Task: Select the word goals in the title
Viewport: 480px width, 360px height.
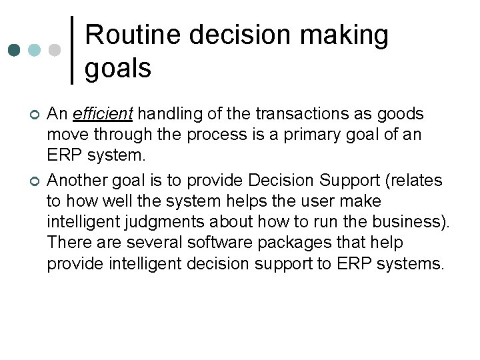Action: [x=118, y=67]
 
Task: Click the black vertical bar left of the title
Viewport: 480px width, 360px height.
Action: [x=72, y=50]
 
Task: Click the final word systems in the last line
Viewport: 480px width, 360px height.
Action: [x=409, y=263]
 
